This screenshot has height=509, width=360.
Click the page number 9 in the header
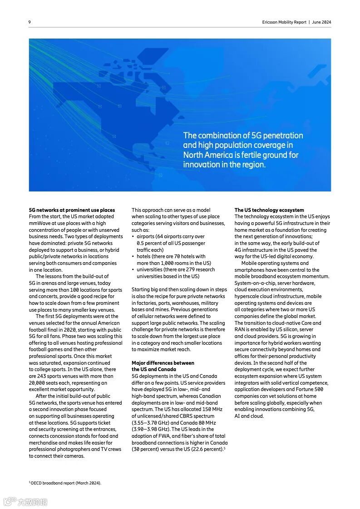click(30, 22)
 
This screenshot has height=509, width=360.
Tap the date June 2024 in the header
click(321, 22)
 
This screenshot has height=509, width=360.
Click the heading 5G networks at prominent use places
click(72, 210)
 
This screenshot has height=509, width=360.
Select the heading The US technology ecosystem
click(269, 210)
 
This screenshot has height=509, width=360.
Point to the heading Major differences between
click(163, 363)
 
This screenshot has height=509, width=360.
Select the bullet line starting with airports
click(170, 236)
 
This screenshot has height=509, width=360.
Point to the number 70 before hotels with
click(178, 256)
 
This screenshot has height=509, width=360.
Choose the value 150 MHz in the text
click(211, 409)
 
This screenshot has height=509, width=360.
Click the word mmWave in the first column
click(39, 223)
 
